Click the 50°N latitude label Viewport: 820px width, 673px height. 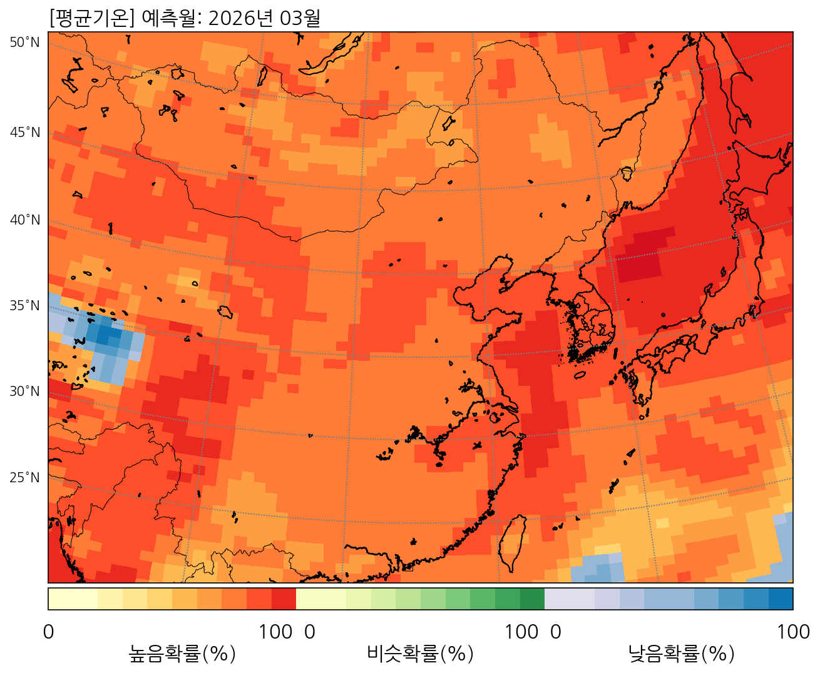(24, 43)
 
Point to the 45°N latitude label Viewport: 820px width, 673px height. (24, 133)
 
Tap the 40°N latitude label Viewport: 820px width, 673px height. (24, 220)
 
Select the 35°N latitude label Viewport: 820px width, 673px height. (24, 306)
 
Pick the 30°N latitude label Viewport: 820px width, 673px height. (24, 392)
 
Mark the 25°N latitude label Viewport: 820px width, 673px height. (24, 478)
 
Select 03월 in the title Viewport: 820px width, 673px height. (300, 18)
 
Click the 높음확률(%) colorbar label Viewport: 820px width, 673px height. (182, 654)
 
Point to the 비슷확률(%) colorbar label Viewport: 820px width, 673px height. (420, 654)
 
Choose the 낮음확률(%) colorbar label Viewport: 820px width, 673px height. (681, 654)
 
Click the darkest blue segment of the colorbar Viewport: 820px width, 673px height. (781, 599)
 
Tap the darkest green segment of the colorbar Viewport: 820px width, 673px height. (532, 599)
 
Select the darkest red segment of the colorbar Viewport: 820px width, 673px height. (284, 599)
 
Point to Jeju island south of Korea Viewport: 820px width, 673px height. (580, 375)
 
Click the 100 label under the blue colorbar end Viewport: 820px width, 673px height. (793, 632)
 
